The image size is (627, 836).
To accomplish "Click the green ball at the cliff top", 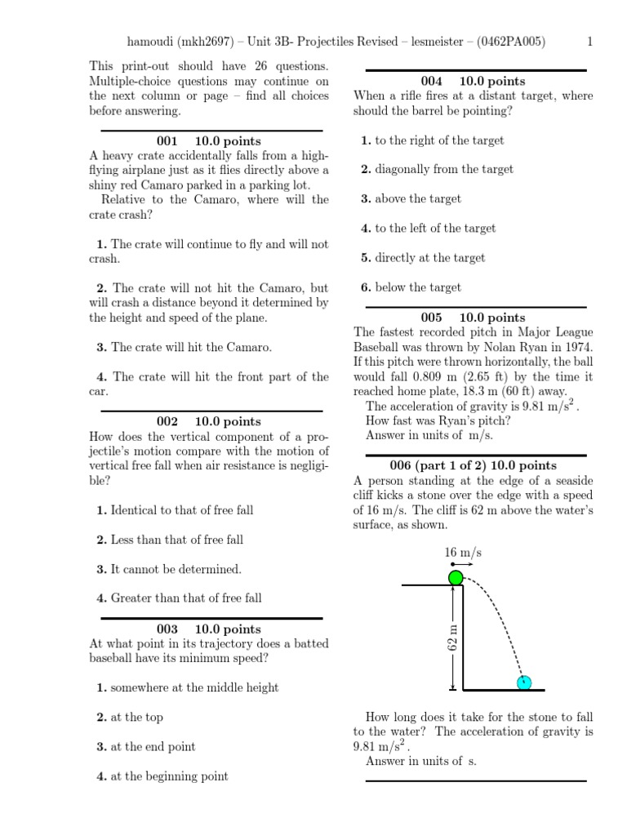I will pyautogui.click(x=456, y=578).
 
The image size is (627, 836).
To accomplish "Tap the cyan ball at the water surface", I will pyautogui.click(x=523, y=683).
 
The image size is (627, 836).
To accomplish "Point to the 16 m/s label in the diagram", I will pyautogui.click(x=463, y=553).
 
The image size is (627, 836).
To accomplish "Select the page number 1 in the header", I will pyautogui.click(x=590, y=42).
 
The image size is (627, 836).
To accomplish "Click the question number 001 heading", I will pyautogui.click(x=167, y=141).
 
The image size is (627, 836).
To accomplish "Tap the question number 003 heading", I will pyautogui.click(x=167, y=629).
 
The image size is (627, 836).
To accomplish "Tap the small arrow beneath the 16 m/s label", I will pyautogui.click(x=462, y=564).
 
